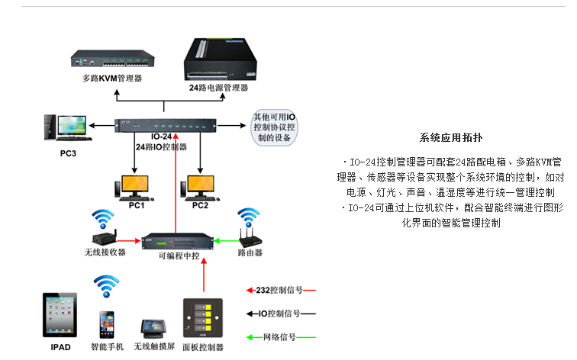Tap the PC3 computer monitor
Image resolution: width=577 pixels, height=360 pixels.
point(64,127)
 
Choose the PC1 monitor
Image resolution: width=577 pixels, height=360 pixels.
point(135,187)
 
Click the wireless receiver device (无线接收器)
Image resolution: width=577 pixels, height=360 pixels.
point(105,236)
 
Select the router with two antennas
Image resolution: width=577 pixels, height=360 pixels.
point(248,234)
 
